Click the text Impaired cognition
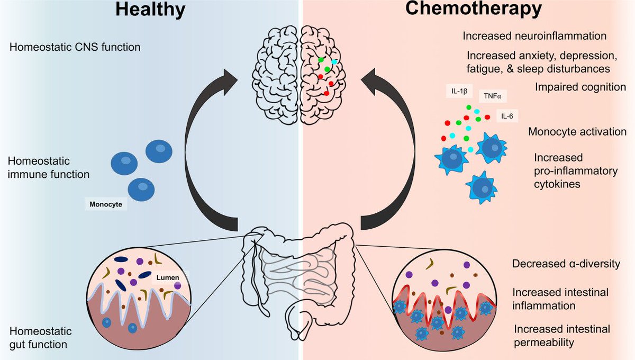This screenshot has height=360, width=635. [x=581, y=87]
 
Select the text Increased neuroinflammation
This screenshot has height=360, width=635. [x=534, y=37]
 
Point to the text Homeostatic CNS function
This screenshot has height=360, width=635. [x=75, y=47]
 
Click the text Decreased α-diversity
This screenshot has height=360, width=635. [x=566, y=264]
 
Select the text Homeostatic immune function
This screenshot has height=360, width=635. [x=49, y=167]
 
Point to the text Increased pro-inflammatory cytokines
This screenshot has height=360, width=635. [x=568, y=171]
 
